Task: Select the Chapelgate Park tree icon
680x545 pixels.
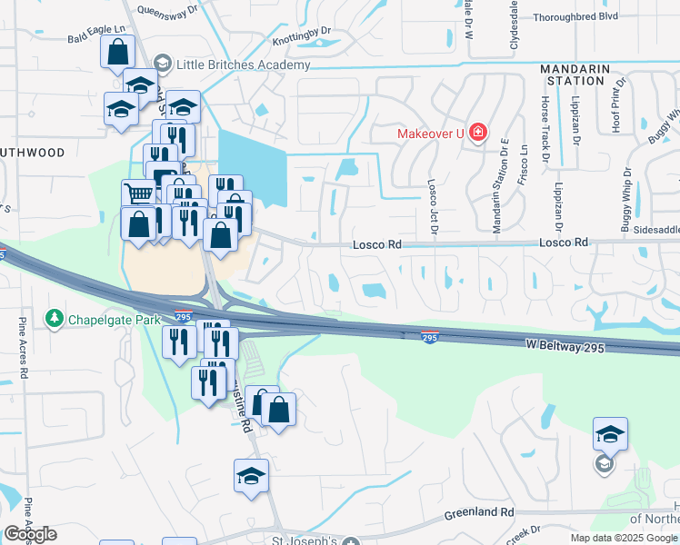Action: click(x=55, y=318)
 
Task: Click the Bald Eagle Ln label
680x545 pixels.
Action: click(x=96, y=41)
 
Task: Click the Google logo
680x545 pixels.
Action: click(x=30, y=534)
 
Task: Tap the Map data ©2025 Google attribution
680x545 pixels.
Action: click(x=624, y=538)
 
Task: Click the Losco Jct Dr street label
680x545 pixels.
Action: click(x=433, y=204)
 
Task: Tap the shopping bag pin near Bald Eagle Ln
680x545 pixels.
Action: click(x=118, y=52)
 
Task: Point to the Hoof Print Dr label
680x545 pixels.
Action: click(x=617, y=104)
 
